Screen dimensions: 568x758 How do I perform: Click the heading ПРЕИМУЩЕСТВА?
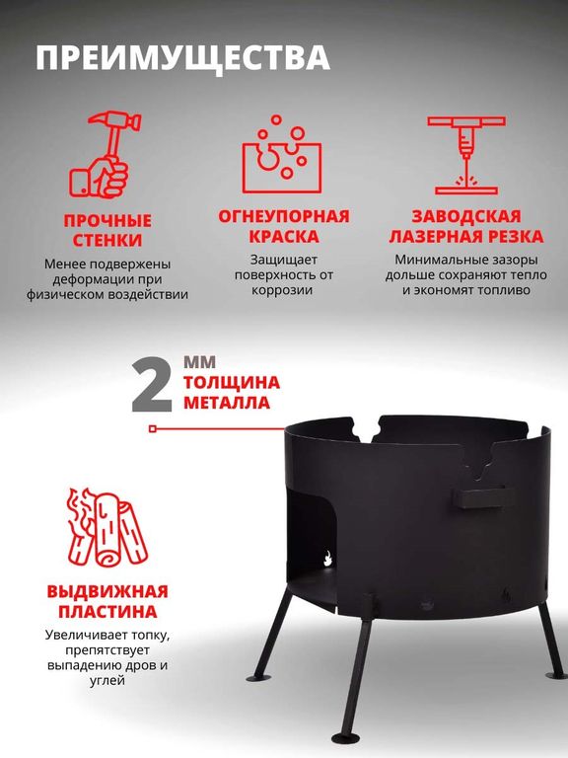pyautogui.click(x=183, y=58)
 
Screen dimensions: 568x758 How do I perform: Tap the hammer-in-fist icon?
pyautogui.click(x=105, y=154)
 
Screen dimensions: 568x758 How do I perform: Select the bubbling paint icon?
pyautogui.click(x=282, y=154)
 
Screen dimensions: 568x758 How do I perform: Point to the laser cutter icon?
pyautogui.click(x=466, y=155)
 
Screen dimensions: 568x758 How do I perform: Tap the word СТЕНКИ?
pyautogui.click(x=107, y=240)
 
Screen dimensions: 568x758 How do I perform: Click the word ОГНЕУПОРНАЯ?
pyautogui.click(x=284, y=216)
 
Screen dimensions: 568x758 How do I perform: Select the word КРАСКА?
pyautogui.click(x=284, y=237)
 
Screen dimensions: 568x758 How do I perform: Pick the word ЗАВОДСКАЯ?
pyautogui.click(x=466, y=216)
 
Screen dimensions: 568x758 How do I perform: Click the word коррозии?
pyautogui.click(x=282, y=291)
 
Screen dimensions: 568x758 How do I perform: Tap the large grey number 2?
pyautogui.click(x=152, y=384)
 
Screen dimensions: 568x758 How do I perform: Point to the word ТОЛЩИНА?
pyautogui.click(x=232, y=382)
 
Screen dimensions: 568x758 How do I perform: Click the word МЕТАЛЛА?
pyautogui.click(x=227, y=403)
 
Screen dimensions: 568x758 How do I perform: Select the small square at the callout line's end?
pyautogui.click(x=153, y=428)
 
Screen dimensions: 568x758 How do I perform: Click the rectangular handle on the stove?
pyautogui.click(x=484, y=497)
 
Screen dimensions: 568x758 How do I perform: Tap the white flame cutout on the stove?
pyautogui.click(x=327, y=559)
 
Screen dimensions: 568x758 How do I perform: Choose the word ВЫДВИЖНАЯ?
pyautogui.click(x=107, y=592)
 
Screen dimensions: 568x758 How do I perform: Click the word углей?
pyautogui.click(x=107, y=681)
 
